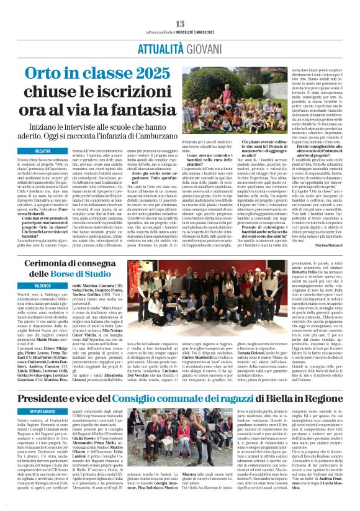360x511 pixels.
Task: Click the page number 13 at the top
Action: click(x=179, y=6)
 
